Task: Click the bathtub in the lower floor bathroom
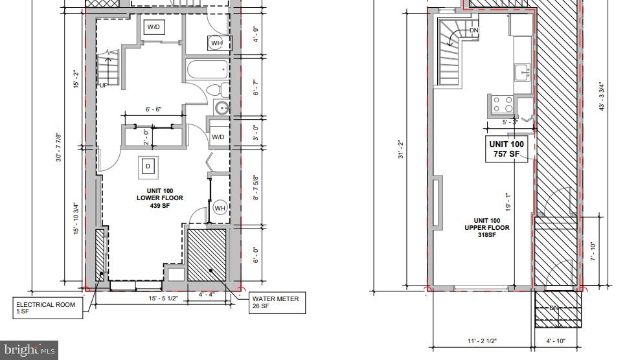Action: (207, 69)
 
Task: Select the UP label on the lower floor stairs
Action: (103, 85)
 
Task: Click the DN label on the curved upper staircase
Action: (474, 30)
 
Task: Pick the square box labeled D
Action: (148, 167)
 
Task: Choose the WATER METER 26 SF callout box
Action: (275, 302)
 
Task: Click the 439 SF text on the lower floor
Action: (159, 206)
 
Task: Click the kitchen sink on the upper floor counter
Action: (522, 72)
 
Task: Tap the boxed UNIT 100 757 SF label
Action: (508, 148)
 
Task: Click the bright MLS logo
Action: (29, 350)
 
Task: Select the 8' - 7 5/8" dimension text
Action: (256, 188)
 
